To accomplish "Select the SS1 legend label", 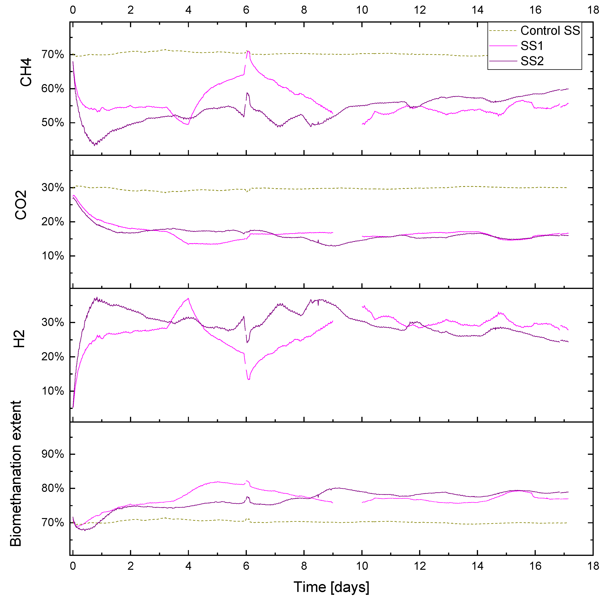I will (532, 46).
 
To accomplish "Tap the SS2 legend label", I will (532, 61).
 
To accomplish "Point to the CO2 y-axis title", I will (21, 205).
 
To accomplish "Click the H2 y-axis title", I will (20, 339).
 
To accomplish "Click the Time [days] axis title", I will (331, 587).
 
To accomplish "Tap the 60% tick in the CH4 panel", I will (53, 89).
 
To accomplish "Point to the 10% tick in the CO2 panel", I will (53, 256).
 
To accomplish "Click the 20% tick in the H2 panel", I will (53, 357).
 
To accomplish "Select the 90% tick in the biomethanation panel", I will (53, 454).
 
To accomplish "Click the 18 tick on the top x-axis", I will (593, 10).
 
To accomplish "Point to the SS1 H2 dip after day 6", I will (249, 379).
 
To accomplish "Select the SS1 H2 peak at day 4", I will (188, 298).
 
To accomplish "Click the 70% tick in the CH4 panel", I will (53, 55).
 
